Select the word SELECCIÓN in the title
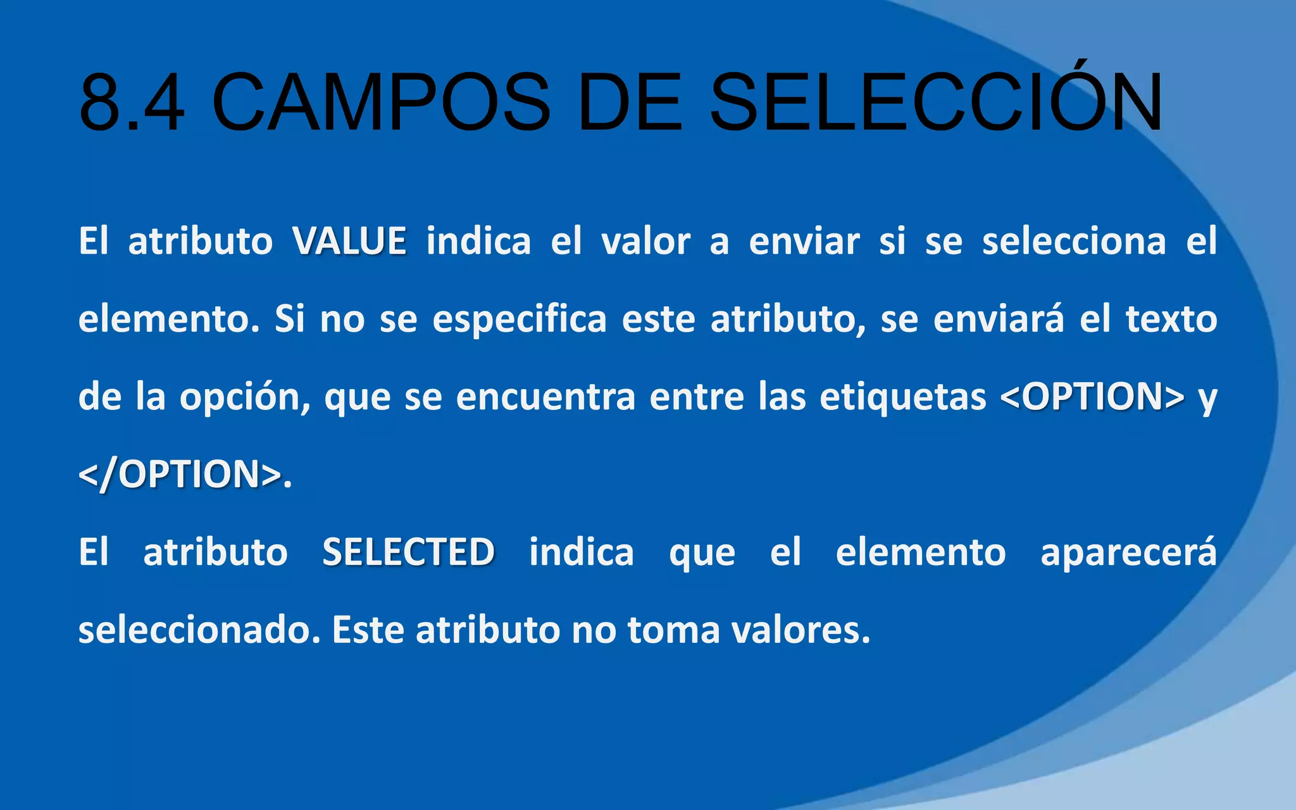[936, 103]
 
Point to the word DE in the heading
[630, 103]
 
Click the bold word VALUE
[349, 241]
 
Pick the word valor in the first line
[645, 241]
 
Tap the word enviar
[804, 241]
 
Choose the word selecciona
[1074, 241]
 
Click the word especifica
[520, 319]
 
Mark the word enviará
[999, 319]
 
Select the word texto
[1171, 319]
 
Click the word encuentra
[545, 397]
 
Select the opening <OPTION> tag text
[1092, 397]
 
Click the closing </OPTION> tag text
[180, 475]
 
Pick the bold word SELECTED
[408, 552]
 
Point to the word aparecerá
[1128, 552]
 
